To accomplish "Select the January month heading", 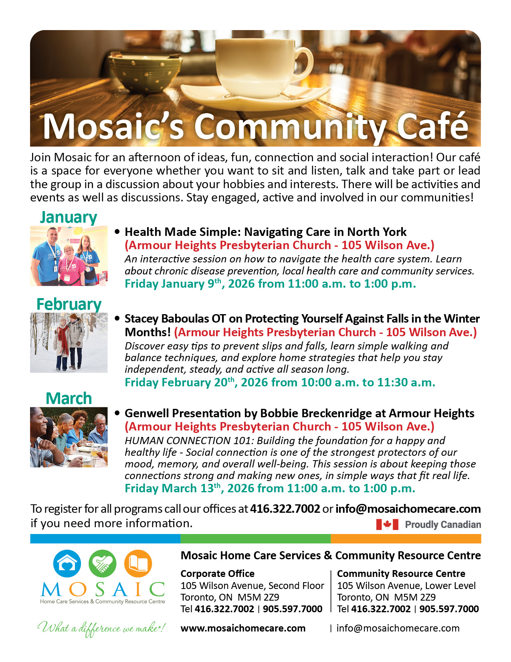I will tap(69, 217).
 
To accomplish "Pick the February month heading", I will tap(69, 304).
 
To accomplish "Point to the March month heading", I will tap(69, 398).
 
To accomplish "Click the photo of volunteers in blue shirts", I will tap(69, 256).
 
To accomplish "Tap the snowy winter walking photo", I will tap(69, 343).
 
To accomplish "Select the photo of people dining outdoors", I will tap(69, 437).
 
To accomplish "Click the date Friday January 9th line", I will tap(270, 284).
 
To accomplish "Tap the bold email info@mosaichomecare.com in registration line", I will tap(408, 509).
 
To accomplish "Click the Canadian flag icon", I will tap(387, 524).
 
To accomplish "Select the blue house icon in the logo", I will tap(67, 563).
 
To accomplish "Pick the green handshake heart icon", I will tap(103, 563).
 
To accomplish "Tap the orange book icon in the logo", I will tap(138, 563).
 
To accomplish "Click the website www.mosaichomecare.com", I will tap(243, 628).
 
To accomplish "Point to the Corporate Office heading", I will tap(217, 573).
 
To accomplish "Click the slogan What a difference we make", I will tap(101, 628).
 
